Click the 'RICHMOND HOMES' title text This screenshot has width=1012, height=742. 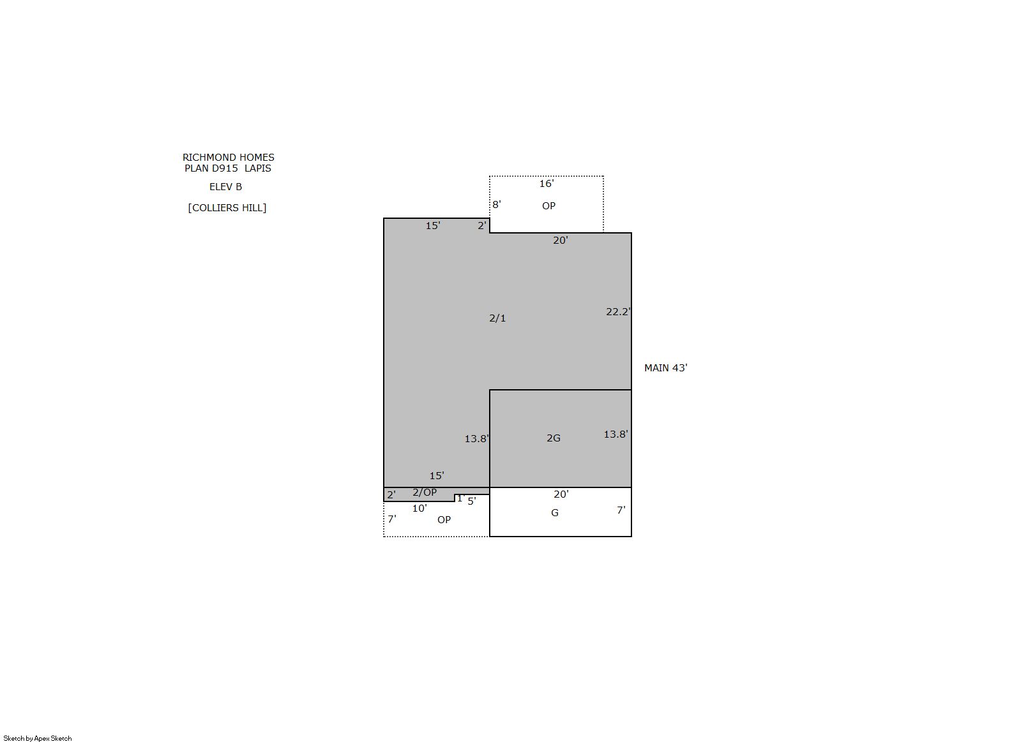coord(228,158)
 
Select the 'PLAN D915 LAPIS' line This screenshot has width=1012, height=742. coord(228,168)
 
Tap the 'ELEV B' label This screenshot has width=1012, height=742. coord(225,187)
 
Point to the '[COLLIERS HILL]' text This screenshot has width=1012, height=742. coord(227,208)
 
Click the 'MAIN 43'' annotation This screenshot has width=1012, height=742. coord(665,368)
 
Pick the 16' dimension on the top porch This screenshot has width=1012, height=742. coord(546,184)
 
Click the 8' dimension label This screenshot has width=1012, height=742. coord(497,205)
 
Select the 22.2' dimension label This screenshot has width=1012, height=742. coord(618,312)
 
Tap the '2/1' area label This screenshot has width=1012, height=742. coord(497,318)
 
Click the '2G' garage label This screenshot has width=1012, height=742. coord(554,438)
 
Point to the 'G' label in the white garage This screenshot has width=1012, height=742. coord(555,513)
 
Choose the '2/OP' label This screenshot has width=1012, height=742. coord(425,493)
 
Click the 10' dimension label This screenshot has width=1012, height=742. coord(419,508)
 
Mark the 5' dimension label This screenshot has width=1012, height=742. coord(471,501)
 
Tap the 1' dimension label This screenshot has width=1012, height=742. coord(460,498)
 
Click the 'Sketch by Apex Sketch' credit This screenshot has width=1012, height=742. coord(38,738)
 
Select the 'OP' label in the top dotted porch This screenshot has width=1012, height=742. coord(548,206)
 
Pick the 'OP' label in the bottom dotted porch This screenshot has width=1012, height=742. coord(444,520)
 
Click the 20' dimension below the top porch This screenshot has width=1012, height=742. coord(560,241)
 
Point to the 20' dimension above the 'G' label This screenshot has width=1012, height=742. coord(561,494)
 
